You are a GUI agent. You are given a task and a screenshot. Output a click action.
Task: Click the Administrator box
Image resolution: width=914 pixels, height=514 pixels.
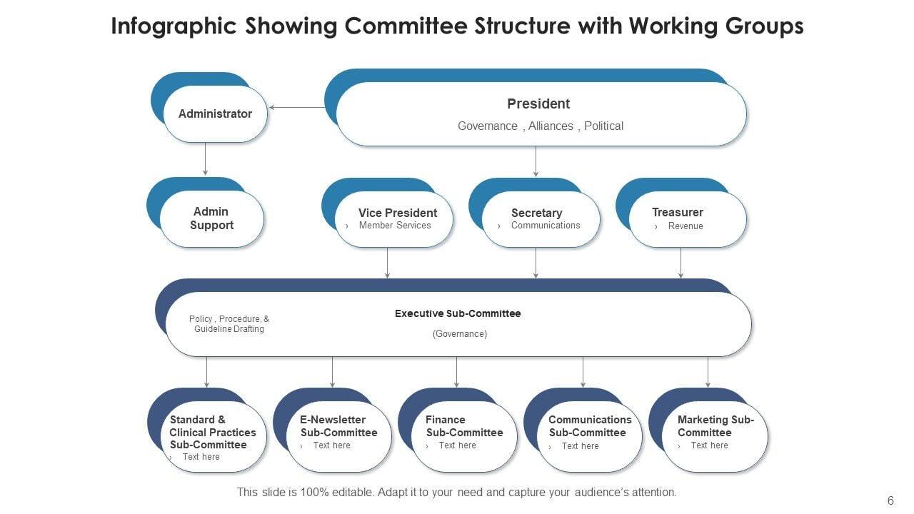pyautogui.click(x=215, y=114)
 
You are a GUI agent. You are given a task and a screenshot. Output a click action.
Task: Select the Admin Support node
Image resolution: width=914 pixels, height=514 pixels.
pyautogui.click(x=211, y=218)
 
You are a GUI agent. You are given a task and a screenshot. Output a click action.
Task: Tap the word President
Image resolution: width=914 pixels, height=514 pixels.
pyautogui.click(x=538, y=104)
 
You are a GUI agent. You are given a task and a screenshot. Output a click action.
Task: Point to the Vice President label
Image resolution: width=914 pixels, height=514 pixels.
pyautogui.click(x=398, y=213)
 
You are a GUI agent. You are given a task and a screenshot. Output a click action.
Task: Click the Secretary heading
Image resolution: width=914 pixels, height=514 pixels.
pyautogui.click(x=536, y=213)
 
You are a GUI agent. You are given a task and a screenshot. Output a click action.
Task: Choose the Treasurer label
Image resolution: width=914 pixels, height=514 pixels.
pyautogui.click(x=678, y=212)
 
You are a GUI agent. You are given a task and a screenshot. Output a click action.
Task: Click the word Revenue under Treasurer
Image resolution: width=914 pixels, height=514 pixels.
pyautogui.click(x=685, y=226)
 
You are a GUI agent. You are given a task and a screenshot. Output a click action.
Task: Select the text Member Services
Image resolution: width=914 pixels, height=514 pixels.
pyautogui.click(x=395, y=226)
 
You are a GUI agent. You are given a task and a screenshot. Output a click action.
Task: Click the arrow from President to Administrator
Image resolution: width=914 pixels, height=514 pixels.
pyautogui.click(x=296, y=108)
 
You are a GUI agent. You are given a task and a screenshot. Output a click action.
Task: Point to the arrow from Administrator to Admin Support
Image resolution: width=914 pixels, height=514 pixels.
pyautogui.click(x=205, y=158)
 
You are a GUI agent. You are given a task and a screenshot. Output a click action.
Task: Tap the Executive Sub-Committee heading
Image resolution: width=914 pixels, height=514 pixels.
pyautogui.click(x=458, y=313)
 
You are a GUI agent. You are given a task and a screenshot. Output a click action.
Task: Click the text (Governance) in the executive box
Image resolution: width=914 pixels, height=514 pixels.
pyautogui.click(x=460, y=334)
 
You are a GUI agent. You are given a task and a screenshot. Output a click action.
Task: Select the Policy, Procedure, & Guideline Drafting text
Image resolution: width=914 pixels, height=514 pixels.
pyautogui.click(x=229, y=324)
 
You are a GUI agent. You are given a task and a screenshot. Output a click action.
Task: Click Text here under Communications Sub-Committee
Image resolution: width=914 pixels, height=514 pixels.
pyautogui.click(x=580, y=446)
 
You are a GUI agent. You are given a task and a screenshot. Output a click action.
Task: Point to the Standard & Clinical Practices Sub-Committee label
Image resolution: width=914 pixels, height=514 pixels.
pyautogui.click(x=213, y=432)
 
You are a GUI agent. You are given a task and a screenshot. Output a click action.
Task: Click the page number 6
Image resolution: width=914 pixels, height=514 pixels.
pyautogui.click(x=890, y=501)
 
